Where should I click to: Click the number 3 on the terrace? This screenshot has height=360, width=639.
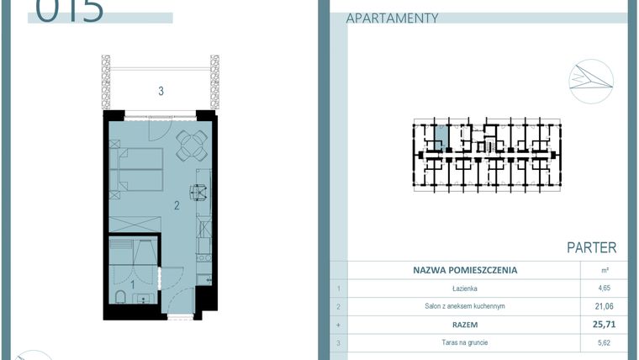161,91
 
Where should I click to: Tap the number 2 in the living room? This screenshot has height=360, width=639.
177,204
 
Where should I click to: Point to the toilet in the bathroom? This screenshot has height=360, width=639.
119,297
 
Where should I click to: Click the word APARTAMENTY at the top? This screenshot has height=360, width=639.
393,18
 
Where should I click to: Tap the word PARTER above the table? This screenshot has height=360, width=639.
591,248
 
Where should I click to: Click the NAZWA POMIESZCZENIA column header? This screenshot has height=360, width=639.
465,271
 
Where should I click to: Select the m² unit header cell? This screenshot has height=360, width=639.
605,271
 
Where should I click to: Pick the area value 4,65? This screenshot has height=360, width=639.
605,289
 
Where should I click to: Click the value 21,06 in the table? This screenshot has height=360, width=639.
605,306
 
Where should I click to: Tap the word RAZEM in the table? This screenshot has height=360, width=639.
465,324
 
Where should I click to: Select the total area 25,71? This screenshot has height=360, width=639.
605,324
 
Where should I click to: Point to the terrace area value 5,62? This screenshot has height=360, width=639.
605,342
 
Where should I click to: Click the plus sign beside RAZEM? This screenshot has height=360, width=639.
337,324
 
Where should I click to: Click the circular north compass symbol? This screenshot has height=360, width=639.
590,81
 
